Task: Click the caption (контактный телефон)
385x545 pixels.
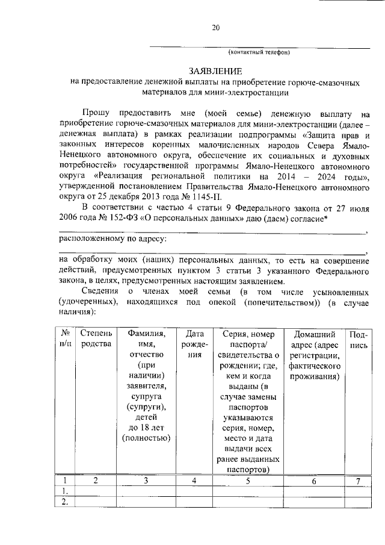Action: click(x=259, y=52)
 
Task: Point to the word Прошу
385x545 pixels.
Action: click(x=97, y=113)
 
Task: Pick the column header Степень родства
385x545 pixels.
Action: click(x=96, y=338)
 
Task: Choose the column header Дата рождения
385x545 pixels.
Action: click(x=193, y=344)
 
